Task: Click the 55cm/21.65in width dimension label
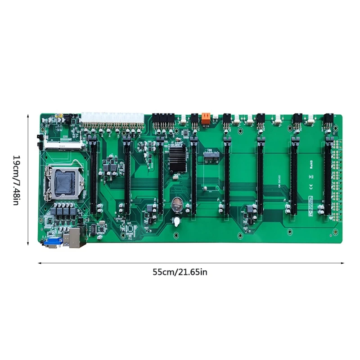pyautogui.click(x=180, y=272)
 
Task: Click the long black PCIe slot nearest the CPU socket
pyautogui.click(x=94, y=173)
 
